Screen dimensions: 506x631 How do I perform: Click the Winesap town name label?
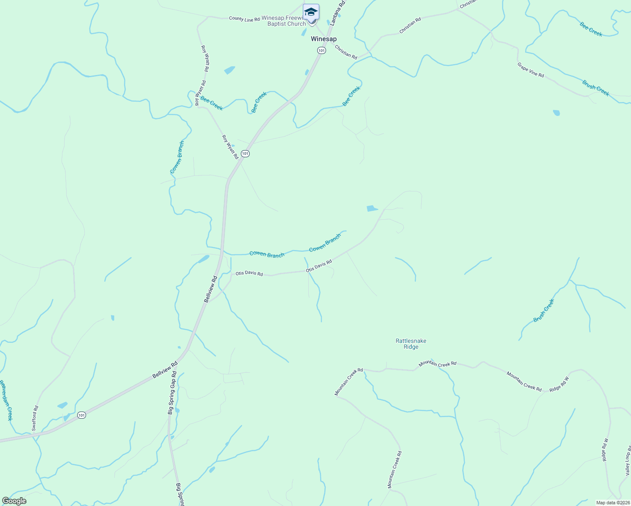tap(324, 39)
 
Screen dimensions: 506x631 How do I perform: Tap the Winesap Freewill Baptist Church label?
tap(284, 21)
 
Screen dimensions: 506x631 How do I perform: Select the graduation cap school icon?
tap(311, 12)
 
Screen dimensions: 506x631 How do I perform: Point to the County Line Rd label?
tap(244, 19)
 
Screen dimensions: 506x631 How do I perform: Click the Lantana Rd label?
tap(338, 13)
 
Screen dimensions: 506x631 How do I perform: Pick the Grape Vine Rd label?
tap(531, 70)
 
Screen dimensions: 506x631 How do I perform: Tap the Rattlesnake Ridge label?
tap(411, 344)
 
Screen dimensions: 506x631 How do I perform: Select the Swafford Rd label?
tap(35, 418)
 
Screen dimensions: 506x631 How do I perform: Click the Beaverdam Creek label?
tap(6, 400)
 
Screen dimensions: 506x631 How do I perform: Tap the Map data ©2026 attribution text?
tap(612, 503)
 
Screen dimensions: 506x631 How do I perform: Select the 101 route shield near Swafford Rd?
tap(81, 415)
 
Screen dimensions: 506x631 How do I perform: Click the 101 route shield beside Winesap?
tap(321, 51)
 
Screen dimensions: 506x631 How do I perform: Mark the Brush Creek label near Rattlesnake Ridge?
tap(544, 311)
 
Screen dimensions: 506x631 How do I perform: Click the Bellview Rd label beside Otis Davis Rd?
tap(210, 289)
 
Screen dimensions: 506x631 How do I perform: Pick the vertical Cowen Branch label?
tap(177, 157)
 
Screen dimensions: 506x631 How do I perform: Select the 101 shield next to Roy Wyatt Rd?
tap(245, 153)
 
